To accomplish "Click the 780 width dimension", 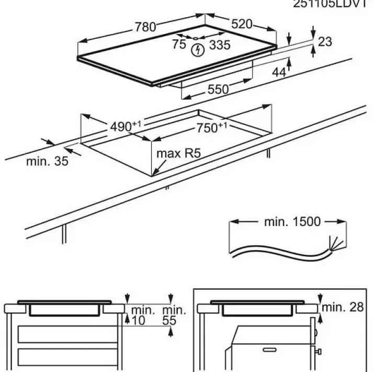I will (145, 28).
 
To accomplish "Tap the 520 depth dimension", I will (242, 24).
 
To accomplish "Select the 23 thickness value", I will (325, 42).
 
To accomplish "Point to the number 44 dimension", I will (279, 73).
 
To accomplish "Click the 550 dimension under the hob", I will (218, 89).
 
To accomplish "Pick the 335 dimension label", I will (220, 45).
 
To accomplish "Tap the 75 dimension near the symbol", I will (179, 44).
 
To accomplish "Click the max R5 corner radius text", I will (179, 154).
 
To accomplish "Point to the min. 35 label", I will (47, 161).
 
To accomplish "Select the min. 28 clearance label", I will (343, 307).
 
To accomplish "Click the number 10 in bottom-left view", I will (138, 320).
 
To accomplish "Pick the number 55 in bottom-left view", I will (168, 320).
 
